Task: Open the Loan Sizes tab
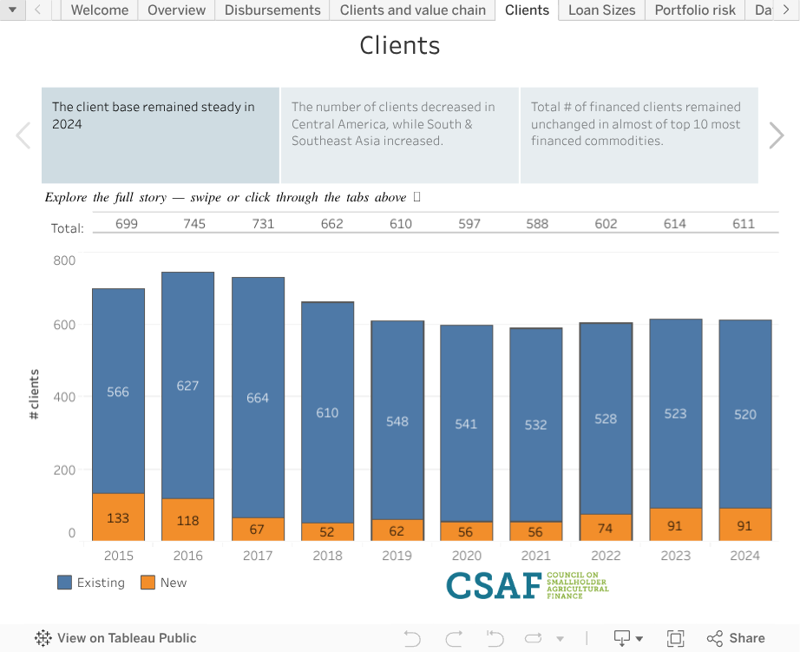[601, 10]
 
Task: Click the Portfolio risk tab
[695, 10]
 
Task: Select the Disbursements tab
[272, 10]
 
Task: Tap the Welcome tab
[100, 10]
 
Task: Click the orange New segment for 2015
[118, 517]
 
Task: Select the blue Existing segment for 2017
[258, 398]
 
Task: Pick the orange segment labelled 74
[606, 528]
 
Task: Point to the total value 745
[194, 224]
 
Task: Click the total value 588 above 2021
[537, 224]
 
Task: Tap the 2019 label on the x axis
[397, 556]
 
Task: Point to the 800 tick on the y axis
[64, 260]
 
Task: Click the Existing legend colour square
[64, 583]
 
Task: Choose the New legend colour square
[148, 583]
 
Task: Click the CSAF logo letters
[494, 586]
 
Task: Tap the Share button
[736, 638]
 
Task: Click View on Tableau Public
[115, 638]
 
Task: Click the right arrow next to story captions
[777, 135]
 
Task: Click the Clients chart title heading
[400, 45]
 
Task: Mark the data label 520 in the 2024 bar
[745, 415]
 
